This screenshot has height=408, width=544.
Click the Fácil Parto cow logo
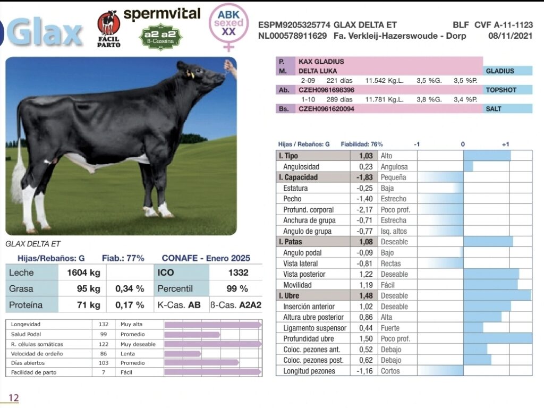[108, 24]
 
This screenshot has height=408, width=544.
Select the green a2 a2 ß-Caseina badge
[161, 37]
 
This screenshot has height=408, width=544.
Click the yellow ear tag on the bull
[190, 74]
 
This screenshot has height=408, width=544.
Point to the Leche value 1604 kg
[83, 273]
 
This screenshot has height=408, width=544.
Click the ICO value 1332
[238, 273]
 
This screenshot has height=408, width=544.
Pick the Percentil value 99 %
[237, 289]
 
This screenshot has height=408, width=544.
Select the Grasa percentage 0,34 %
[130, 289]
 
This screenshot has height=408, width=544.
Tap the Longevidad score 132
[103, 324]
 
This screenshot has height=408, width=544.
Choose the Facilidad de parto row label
[33, 372]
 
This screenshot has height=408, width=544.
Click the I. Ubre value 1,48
[365, 296]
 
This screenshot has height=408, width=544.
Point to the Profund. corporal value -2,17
[365, 210]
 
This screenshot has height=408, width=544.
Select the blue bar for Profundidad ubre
[497, 339]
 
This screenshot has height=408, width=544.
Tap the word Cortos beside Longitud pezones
[390, 371]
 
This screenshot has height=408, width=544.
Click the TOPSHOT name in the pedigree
[501, 90]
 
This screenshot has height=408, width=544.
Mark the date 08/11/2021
[510, 36]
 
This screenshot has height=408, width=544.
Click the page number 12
[13, 398]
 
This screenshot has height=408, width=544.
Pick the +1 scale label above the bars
[505, 144]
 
